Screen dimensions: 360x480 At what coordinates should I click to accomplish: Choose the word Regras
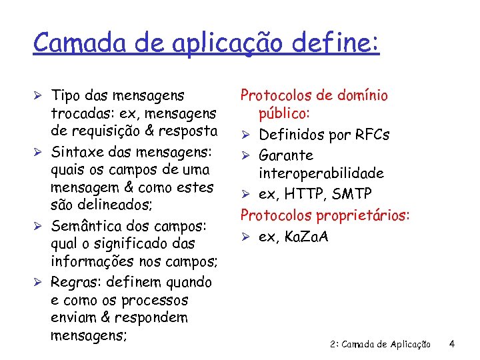point(75,283)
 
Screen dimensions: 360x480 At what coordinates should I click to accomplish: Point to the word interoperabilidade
point(321,173)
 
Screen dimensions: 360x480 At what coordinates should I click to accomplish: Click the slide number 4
point(452,345)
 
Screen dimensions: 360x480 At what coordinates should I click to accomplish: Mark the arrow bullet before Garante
point(245,155)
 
